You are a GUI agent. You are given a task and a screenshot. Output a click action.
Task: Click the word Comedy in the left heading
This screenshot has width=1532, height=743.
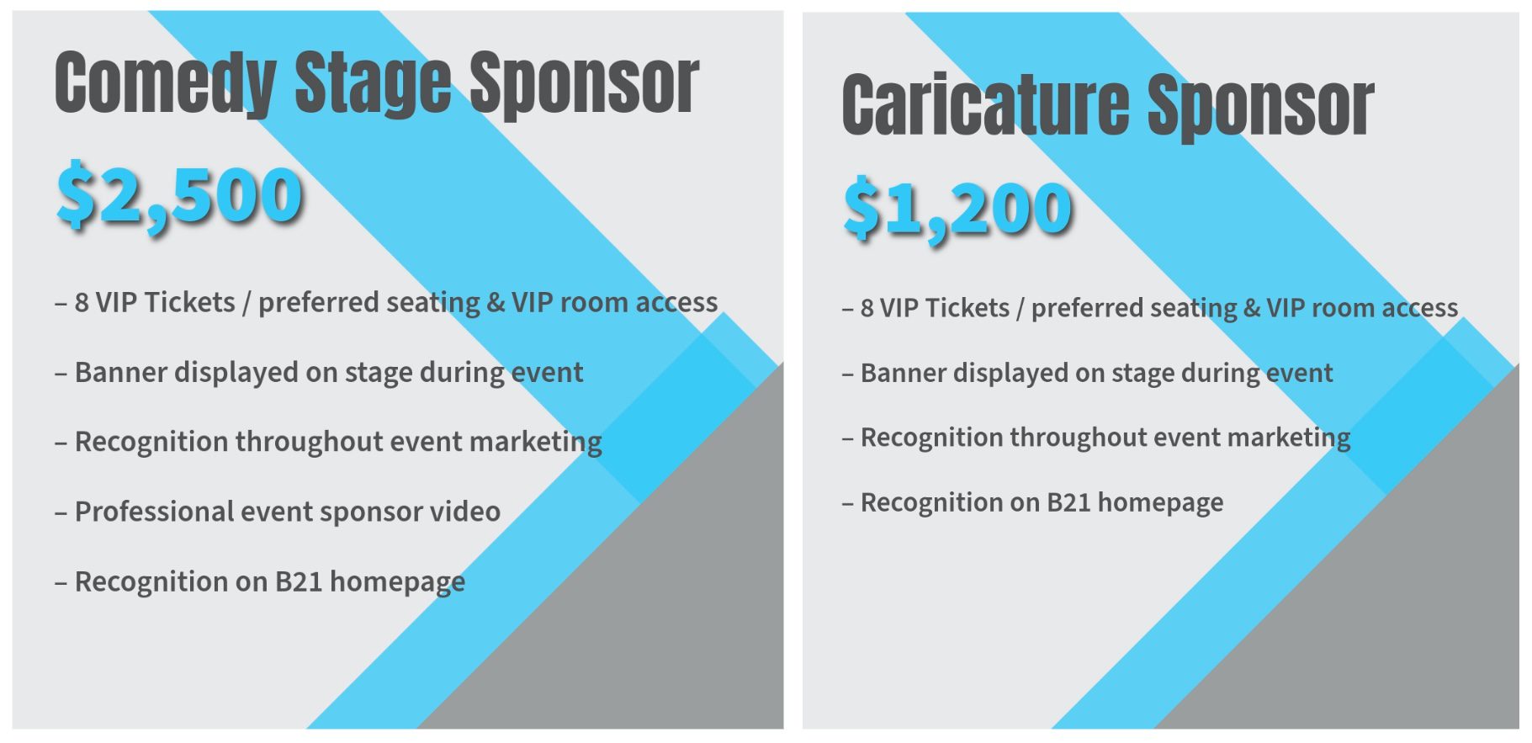[x=166, y=82]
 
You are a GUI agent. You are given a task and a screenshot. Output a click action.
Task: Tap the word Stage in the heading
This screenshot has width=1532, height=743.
[x=373, y=82]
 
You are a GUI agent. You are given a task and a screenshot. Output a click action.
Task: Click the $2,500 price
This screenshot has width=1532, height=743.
[x=179, y=197]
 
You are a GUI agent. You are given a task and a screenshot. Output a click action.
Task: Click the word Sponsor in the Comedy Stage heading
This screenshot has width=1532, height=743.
[x=584, y=82]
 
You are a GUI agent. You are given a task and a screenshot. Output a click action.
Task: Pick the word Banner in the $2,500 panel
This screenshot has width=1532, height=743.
[x=119, y=372]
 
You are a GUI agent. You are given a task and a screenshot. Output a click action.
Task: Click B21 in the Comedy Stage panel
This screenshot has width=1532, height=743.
[x=299, y=581]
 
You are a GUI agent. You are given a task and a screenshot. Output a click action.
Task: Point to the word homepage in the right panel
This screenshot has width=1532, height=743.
[x=1161, y=503]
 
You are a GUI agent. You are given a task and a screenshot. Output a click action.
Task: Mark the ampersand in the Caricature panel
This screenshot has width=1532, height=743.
[x=1252, y=308]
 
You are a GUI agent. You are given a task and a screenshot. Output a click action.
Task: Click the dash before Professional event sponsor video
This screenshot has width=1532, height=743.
[x=61, y=512]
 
